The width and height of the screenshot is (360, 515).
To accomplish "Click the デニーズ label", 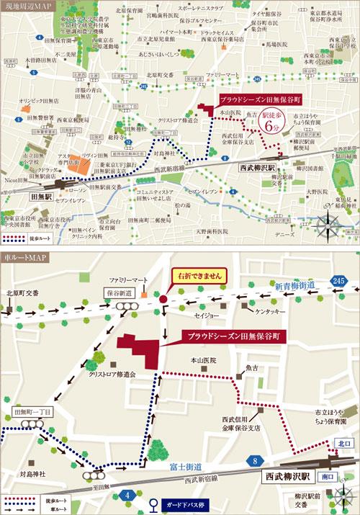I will pyautogui.click(x=281, y=235).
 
